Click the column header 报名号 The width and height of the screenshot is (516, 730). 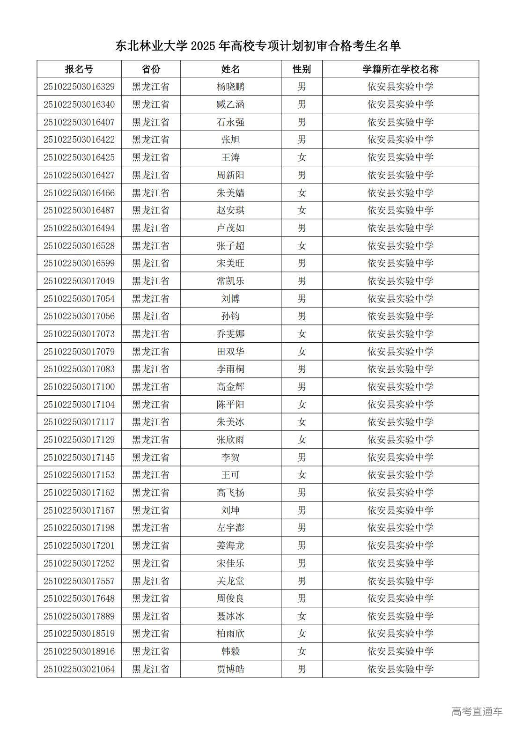[79, 69]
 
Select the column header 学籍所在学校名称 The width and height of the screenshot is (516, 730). [400, 69]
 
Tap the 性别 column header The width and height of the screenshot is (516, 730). [302, 69]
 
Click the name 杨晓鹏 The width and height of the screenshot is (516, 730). [230, 87]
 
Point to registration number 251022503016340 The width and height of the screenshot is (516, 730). [79, 104]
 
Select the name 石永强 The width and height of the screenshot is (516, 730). [230, 122]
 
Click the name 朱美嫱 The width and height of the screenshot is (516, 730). [230, 193]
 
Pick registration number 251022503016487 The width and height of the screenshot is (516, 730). [79, 210]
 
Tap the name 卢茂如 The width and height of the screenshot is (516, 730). [230, 228]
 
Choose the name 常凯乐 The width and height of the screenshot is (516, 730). [230, 281]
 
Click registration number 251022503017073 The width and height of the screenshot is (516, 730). [79, 334]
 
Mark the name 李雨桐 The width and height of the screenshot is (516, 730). [230, 369]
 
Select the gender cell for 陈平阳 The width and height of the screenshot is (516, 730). [302, 405]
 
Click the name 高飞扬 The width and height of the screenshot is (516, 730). [230, 493]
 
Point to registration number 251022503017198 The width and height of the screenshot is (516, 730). [79, 528]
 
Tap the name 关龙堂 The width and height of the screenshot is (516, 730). [230, 581]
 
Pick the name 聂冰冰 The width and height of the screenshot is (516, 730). [230, 616]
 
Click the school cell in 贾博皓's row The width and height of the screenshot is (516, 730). [400, 669]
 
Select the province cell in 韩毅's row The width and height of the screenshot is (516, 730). [151, 651]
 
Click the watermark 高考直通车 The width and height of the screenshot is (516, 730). [477, 711]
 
